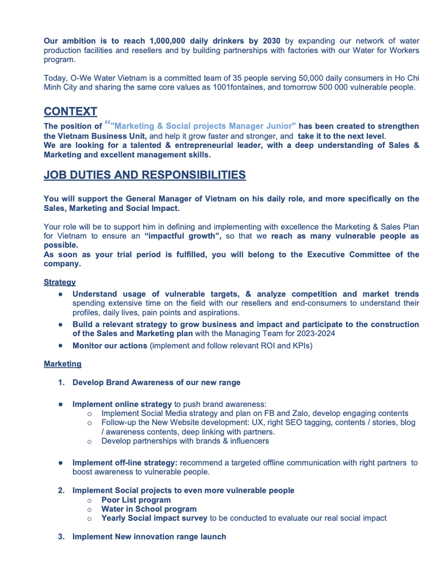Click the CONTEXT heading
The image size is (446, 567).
(x=71, y=111)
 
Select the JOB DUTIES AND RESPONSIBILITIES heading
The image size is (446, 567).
(x=144, y=176)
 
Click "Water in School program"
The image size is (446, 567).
(x=148, y=509)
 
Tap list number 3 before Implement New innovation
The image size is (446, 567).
(x=61, y=537)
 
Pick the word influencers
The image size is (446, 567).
(x=246, y=441)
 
